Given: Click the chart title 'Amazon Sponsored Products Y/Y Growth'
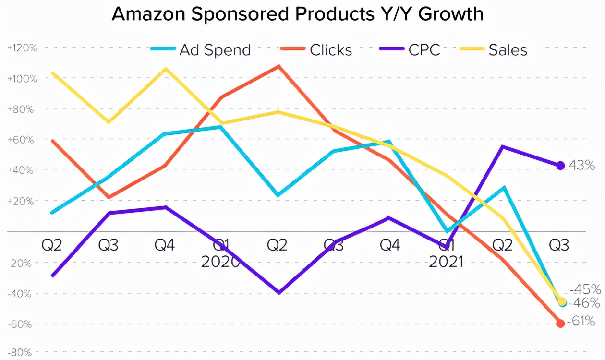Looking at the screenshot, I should click(297, 14).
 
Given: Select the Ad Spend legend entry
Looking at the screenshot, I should click(201, 49).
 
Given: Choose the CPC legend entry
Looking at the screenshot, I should click(410, 49).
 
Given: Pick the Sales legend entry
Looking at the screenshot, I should click(494, 49).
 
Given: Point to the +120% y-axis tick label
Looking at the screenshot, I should click(23, 48).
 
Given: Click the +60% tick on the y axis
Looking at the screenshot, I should click(23, 139).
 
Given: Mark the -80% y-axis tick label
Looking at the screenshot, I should click(20, 353).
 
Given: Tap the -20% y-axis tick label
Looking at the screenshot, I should click(20, 263).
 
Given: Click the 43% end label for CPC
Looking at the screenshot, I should click(582, 166).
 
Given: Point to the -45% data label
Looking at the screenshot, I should click(585, 289).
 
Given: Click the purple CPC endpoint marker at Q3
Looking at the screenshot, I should click(560, 166).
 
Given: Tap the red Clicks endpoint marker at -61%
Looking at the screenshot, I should click(560, 324).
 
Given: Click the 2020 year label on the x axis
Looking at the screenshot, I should click(220, 262).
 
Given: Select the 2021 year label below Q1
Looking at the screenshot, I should click(446, 262).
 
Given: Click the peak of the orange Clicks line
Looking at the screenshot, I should click(278, 66).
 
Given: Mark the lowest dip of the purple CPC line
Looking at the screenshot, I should click(278, 292).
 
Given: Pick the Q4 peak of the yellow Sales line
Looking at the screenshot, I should click(166, 69).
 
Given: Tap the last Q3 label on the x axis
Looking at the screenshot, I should click(559, 246).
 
